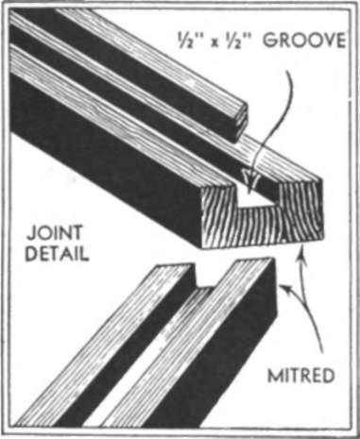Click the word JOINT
click(x=55, y=232)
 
